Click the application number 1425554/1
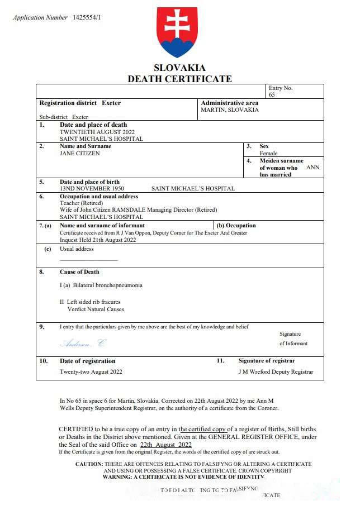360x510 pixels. pos(87,17)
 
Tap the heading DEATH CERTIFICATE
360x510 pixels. pos(179,79)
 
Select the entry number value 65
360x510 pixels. pos(272,95)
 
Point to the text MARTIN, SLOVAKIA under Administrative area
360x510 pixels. pos(230,110)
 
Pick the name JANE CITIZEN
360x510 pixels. pos(80,153)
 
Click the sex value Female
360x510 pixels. pos(268,153)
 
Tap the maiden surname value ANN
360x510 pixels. pos(313,167)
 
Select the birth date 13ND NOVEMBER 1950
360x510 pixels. pos(92,189)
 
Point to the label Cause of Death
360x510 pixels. pos(79,272)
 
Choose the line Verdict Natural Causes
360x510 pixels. pos(96,309)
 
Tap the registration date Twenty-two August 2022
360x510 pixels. pos(91,371)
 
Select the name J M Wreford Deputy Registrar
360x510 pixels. pos(276,371)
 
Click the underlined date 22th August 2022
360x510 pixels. pos(165,445)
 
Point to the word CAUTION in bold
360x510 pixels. pos(89,464)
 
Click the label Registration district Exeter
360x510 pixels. pos(80,103)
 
